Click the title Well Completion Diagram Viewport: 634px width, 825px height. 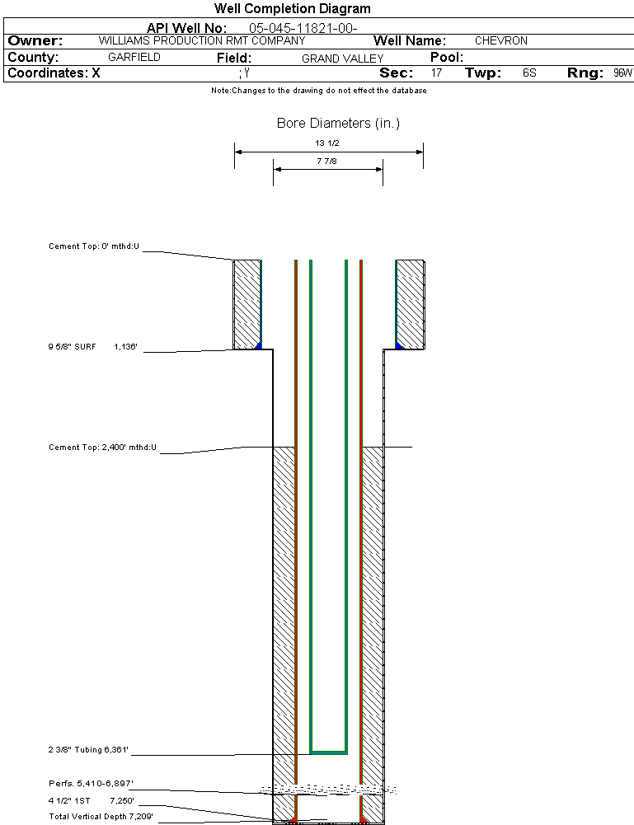(292, 9)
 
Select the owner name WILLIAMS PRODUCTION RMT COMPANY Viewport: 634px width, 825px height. (201, 40)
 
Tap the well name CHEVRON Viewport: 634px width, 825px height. (500, 40)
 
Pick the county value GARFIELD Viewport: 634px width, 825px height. (134, 58)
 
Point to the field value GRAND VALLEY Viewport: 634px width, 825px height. (342, 59)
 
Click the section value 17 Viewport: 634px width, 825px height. (436, 73)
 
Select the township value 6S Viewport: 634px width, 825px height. (529, 73)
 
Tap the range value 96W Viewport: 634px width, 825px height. (622, 73)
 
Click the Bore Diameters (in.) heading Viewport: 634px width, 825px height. (338, 124)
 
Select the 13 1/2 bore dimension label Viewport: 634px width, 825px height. (327, 143)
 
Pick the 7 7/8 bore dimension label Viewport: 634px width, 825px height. (327, 162)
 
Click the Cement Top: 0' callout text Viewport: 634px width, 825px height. (94, 246)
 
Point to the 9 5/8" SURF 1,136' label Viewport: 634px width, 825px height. (97, 348)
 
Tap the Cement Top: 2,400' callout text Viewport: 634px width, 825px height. (102, 448)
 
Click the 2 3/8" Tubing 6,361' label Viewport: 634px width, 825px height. (88, 750)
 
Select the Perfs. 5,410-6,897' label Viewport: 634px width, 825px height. (91, 783)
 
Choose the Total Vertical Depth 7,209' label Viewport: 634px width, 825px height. (101, 816)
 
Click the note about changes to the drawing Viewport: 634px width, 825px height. (318, 91)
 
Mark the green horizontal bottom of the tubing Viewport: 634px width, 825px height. (328, 752)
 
